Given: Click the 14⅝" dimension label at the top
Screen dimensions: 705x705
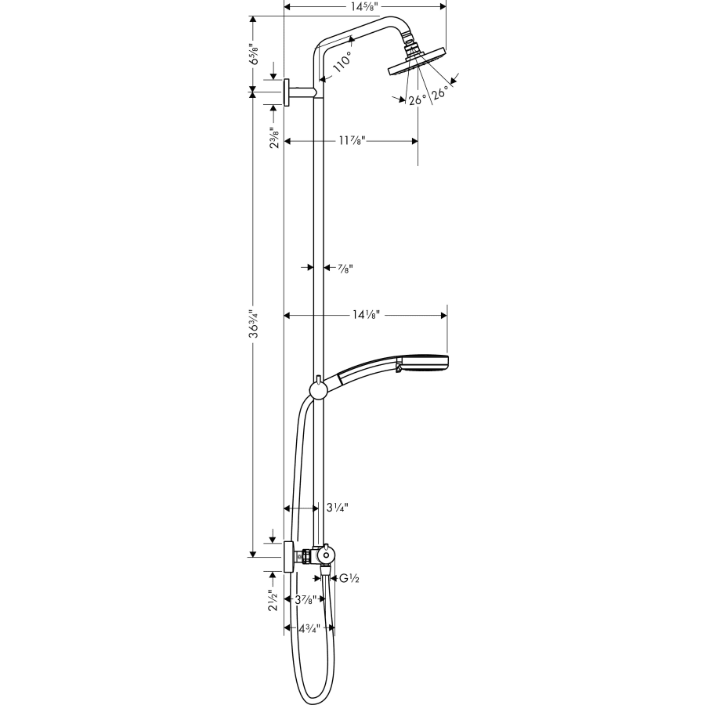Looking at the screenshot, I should point(364,6).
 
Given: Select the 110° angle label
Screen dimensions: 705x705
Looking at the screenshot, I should point(342,61).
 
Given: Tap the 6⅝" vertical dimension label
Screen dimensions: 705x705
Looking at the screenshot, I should point(252,56).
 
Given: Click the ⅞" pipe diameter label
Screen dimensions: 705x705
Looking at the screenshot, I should point(345,268).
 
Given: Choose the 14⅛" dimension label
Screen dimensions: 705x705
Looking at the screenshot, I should point(366,315).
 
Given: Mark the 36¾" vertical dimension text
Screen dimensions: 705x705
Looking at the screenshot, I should point(252,322).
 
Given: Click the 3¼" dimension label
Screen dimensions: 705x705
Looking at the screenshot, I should point(337,508).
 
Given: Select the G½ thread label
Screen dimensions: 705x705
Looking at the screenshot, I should point(349,579).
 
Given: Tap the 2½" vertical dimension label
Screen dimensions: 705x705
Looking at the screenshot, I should point(273,600).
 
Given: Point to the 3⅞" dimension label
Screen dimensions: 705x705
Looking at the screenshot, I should point(304,600).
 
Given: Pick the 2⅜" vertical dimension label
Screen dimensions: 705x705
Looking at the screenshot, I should point(273,138).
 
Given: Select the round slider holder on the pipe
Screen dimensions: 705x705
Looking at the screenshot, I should point(318,390).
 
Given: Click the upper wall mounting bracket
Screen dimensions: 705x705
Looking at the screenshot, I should point(288,92).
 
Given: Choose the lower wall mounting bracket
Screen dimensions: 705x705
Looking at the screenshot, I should point(288,556).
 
